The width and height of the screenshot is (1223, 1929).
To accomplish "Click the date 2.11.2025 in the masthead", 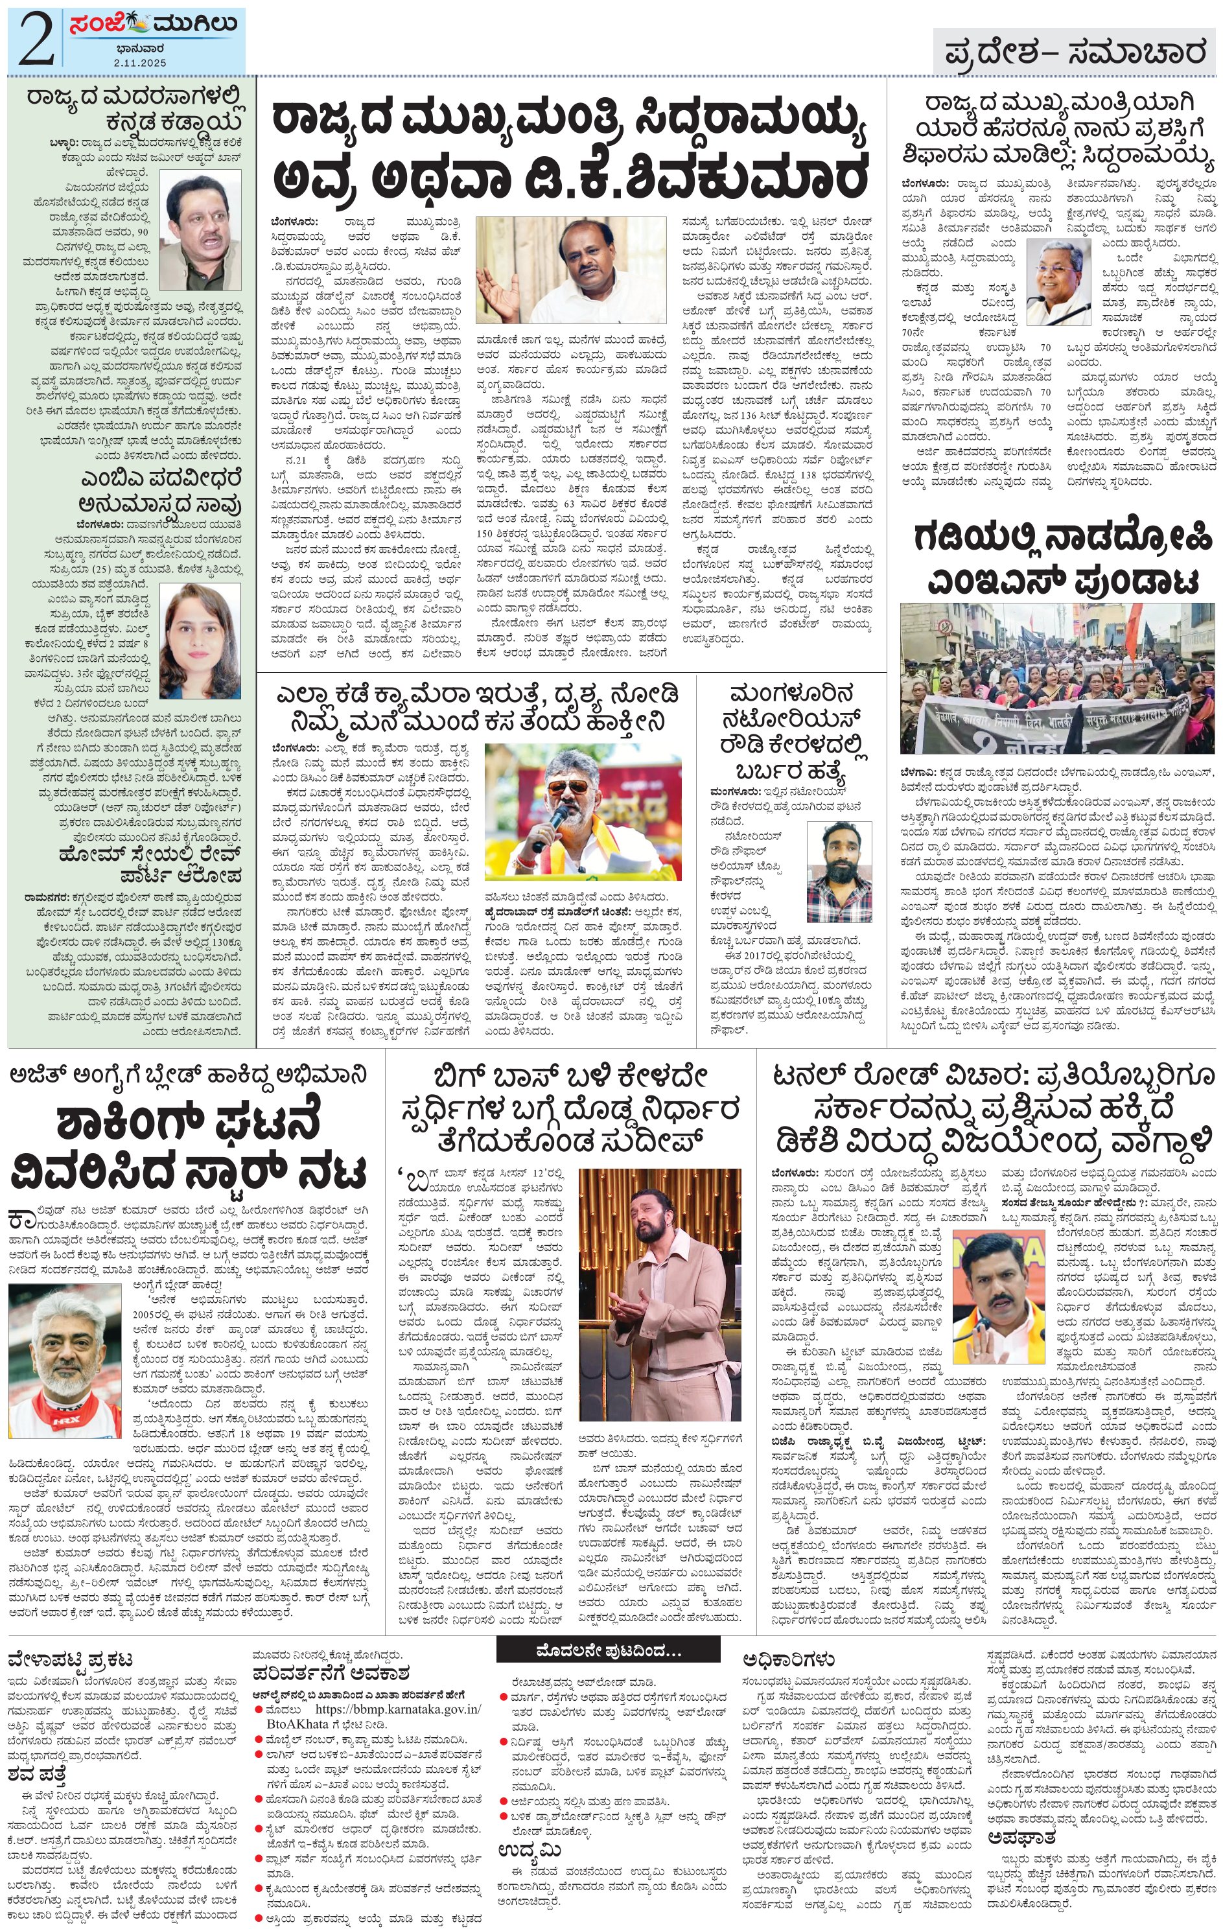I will [x=139, y=62].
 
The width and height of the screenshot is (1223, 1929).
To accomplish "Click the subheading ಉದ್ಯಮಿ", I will [x=530, y=1850].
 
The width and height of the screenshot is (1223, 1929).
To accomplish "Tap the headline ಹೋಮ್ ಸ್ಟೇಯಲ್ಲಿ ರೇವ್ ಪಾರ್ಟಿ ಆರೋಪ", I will [x=149, y=863].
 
